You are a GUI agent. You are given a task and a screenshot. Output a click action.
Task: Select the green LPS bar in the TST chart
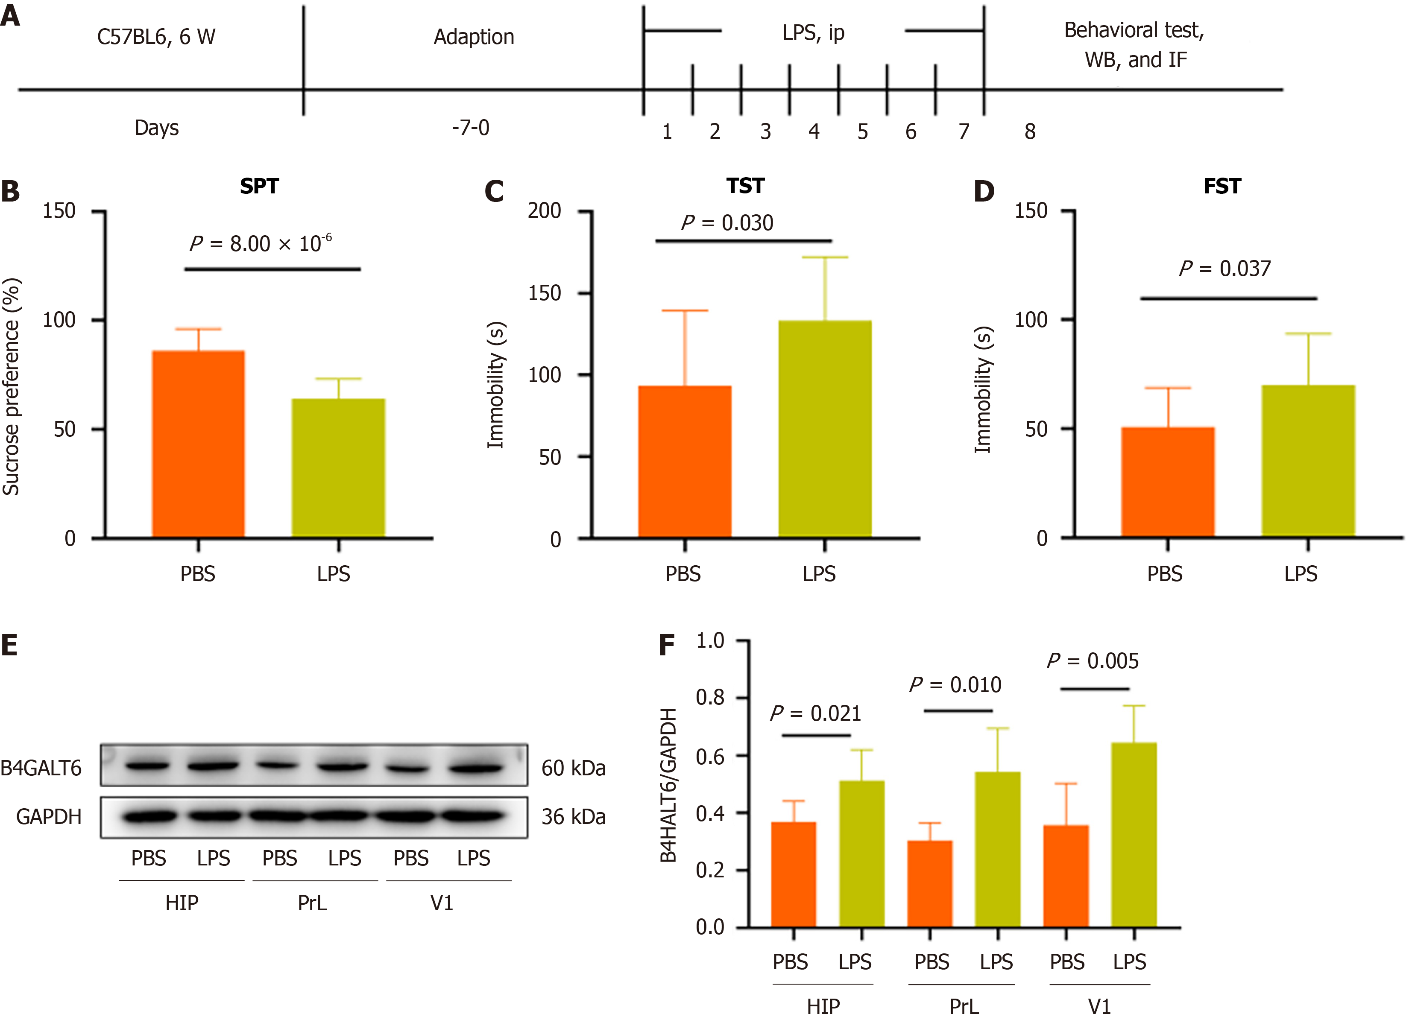(x=824, y=428)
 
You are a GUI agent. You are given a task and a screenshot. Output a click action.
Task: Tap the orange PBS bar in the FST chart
(x=1167, y=482)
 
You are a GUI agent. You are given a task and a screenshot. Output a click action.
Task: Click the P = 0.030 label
(x=727, y=223)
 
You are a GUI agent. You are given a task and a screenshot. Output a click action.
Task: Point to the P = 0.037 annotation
(x=1224, y=269)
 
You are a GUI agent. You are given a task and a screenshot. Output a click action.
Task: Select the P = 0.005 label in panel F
(x=1093, y=661)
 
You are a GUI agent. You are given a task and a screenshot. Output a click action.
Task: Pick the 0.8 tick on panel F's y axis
(x=710, y=698)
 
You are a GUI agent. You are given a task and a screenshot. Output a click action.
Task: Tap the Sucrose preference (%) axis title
(x=12, y=386)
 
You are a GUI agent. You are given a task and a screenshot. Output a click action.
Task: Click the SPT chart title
(x=259, y=186)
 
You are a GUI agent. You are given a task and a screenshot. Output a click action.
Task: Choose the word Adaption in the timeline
(x=473, y=37)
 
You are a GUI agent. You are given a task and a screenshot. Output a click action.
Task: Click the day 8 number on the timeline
(x=1029, y=132)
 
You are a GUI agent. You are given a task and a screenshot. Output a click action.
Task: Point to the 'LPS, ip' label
(x=813, y=32)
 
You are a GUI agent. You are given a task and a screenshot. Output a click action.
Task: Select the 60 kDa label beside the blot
(x=573, y=768)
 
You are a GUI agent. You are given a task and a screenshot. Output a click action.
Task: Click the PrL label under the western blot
(x=312, y=903)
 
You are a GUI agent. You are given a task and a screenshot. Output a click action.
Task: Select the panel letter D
(x=984, y=191)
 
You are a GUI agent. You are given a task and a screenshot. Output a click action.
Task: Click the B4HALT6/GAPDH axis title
(x=668, y=786)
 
